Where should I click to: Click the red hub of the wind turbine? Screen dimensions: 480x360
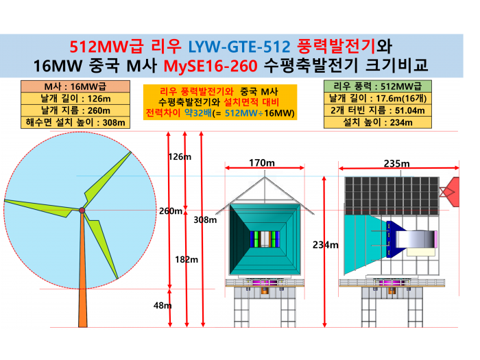pos(82,211)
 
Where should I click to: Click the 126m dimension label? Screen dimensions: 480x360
pos(180,157)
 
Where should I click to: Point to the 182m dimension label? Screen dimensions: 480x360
pos(187,260)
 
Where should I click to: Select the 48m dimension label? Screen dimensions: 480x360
pos(163,306)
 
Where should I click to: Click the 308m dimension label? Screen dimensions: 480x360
pos(205,219)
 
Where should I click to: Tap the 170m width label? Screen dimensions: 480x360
pos(262,163)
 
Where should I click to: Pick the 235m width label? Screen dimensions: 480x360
pos(397,163)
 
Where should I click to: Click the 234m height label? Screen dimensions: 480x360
pos(326,245)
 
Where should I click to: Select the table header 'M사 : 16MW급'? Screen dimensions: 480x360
pos(75,86)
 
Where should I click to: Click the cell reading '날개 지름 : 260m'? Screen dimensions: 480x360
pos(75,110)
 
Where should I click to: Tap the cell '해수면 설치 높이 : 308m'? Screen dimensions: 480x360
pos(75,123)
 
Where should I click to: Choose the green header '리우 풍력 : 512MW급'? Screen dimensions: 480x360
pos(378,86)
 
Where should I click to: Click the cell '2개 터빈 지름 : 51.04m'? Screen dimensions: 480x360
pos(378,110)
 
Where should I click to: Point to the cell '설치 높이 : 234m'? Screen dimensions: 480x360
pos(378,122)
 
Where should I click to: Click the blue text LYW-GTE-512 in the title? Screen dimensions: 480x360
pos(239,47)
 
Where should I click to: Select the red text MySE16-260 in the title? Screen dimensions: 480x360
pos(211,66)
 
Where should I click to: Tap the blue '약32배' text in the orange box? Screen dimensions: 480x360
pos(197,113)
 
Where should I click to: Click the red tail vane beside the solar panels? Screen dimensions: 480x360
pos(450,192)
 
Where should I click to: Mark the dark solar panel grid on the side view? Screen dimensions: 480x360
pos(392,196)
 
